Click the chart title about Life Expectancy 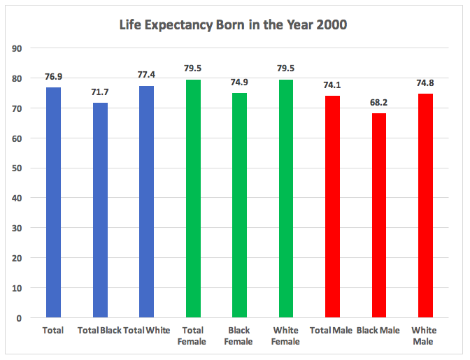(234, 26)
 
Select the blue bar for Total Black (100, 210)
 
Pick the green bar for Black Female (239, 206)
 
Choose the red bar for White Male (425, 206)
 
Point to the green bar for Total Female (193, 199)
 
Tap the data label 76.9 (53, 77)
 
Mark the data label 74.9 (239, 83)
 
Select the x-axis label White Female (285, 336)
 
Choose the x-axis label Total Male (332, 330)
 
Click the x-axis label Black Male (378, 330)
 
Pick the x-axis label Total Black (100, 330)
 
